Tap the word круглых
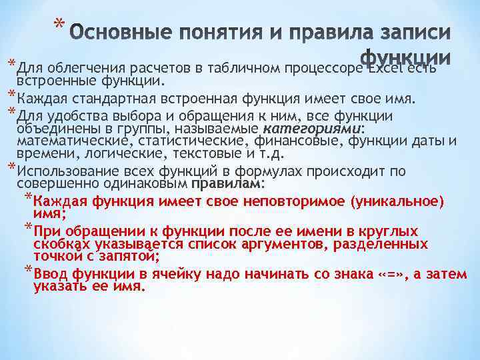click(x=387, y=231)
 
